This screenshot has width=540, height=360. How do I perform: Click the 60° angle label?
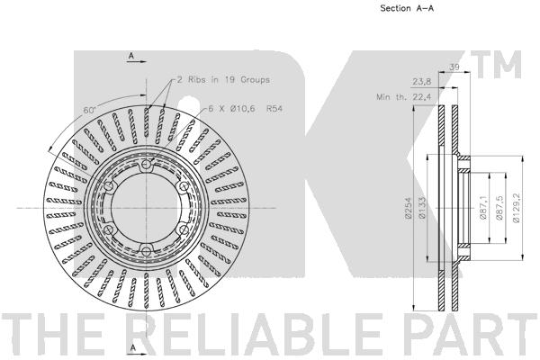[x=89, y=109]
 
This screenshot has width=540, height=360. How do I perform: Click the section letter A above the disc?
[x=131, y=57]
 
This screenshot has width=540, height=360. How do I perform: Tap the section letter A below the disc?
[x=131, y=346]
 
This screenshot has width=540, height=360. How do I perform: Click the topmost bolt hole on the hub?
[x=145, y=167]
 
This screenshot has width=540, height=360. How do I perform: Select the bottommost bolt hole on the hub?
[x=145, y=249]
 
